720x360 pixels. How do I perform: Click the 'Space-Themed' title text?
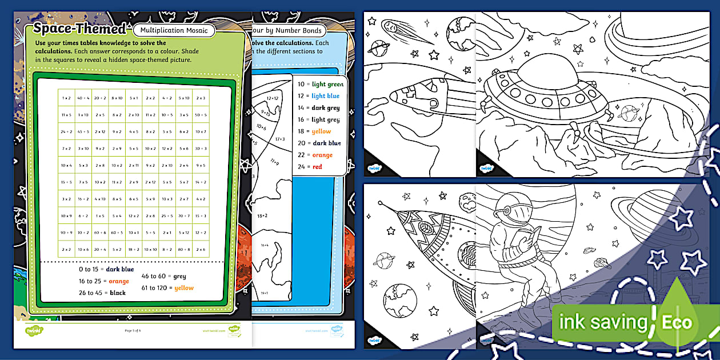tap(79, 28)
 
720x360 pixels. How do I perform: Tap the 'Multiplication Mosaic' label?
tap(175, 30)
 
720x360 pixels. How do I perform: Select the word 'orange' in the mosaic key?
tap(119, 281)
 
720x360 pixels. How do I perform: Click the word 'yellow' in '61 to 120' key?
tap(184, 288)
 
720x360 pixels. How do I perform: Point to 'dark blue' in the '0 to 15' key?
tap(120, 269)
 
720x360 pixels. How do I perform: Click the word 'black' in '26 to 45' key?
tap(118, 293)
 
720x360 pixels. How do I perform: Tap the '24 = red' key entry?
tap(310, 167)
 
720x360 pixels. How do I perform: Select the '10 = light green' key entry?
tap(320, 84)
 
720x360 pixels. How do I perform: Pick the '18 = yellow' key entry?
tap(314, 131)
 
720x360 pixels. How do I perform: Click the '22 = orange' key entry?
tap(315, 155)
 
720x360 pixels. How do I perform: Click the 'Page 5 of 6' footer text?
tap(133, 330)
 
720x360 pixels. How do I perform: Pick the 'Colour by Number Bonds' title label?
tap(289, 30)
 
